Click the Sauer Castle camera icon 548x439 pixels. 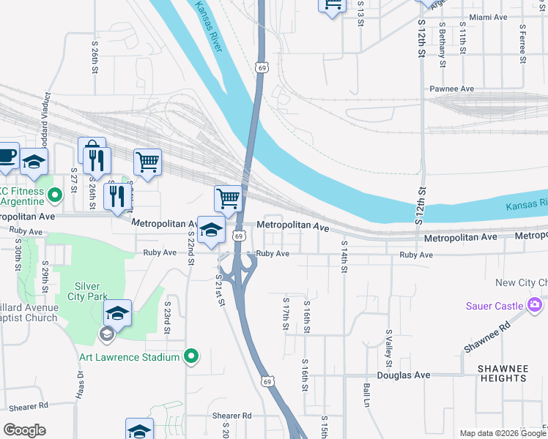click(x=535, y=305)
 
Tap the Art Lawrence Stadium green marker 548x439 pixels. click(x=191, y=357)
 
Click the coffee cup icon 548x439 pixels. click(x=7, y=157)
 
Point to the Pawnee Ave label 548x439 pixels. click(x=453, y=89)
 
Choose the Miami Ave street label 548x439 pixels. click(x=489, y=17)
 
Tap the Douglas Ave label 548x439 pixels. click(x=404, y=375)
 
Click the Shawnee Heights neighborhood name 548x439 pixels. click(x=503, y=373)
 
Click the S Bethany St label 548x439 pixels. click(x=443, y=44)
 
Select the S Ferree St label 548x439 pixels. click(x=522, y=45)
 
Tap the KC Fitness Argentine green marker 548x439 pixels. click(x=54, y=195)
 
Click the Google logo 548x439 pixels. click(x=24, y=430)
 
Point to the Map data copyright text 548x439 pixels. click(x=502, y=433)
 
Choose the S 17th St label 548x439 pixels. click(x=286, y=312)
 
